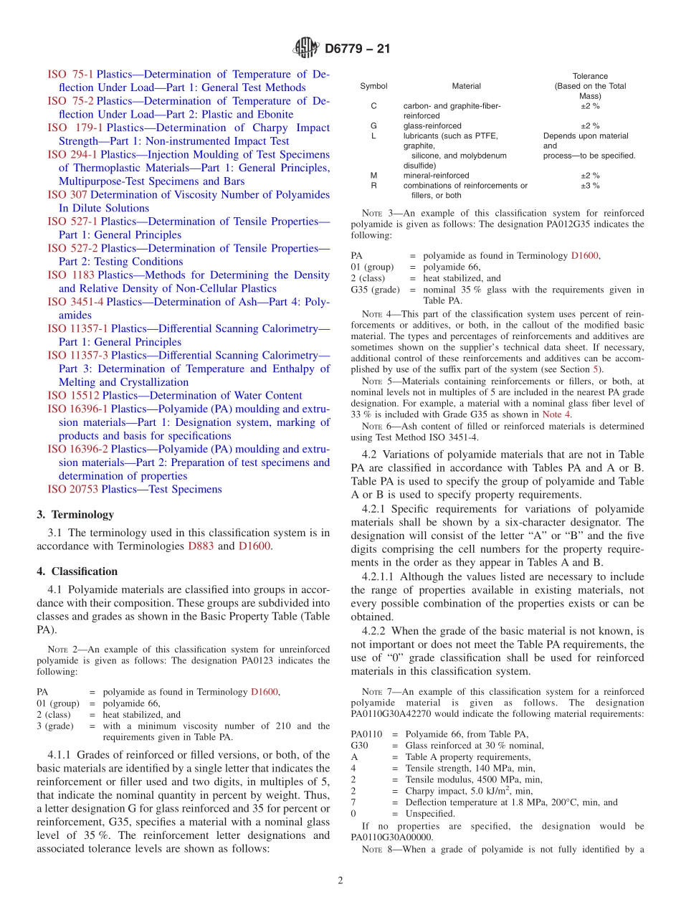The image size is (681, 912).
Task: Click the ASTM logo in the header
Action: pos(307,49)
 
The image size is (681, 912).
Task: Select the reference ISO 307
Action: pos(67,195)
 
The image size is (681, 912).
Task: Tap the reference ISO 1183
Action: pos(71,275)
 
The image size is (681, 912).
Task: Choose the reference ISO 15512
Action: pos(73,396)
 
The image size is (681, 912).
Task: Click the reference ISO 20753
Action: pos(72,490)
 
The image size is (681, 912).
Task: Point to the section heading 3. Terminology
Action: pos(75,515)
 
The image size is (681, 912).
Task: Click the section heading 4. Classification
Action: pos(77,571)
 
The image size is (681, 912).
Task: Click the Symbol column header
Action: pos(373,86)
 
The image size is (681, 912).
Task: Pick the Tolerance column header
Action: pos(590,76)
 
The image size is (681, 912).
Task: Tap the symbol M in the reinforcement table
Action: pos(373,176)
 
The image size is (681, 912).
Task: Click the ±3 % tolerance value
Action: pos(590,186)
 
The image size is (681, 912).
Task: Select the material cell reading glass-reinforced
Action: pos(432,126)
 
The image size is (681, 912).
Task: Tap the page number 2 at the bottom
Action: pos(340,881)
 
